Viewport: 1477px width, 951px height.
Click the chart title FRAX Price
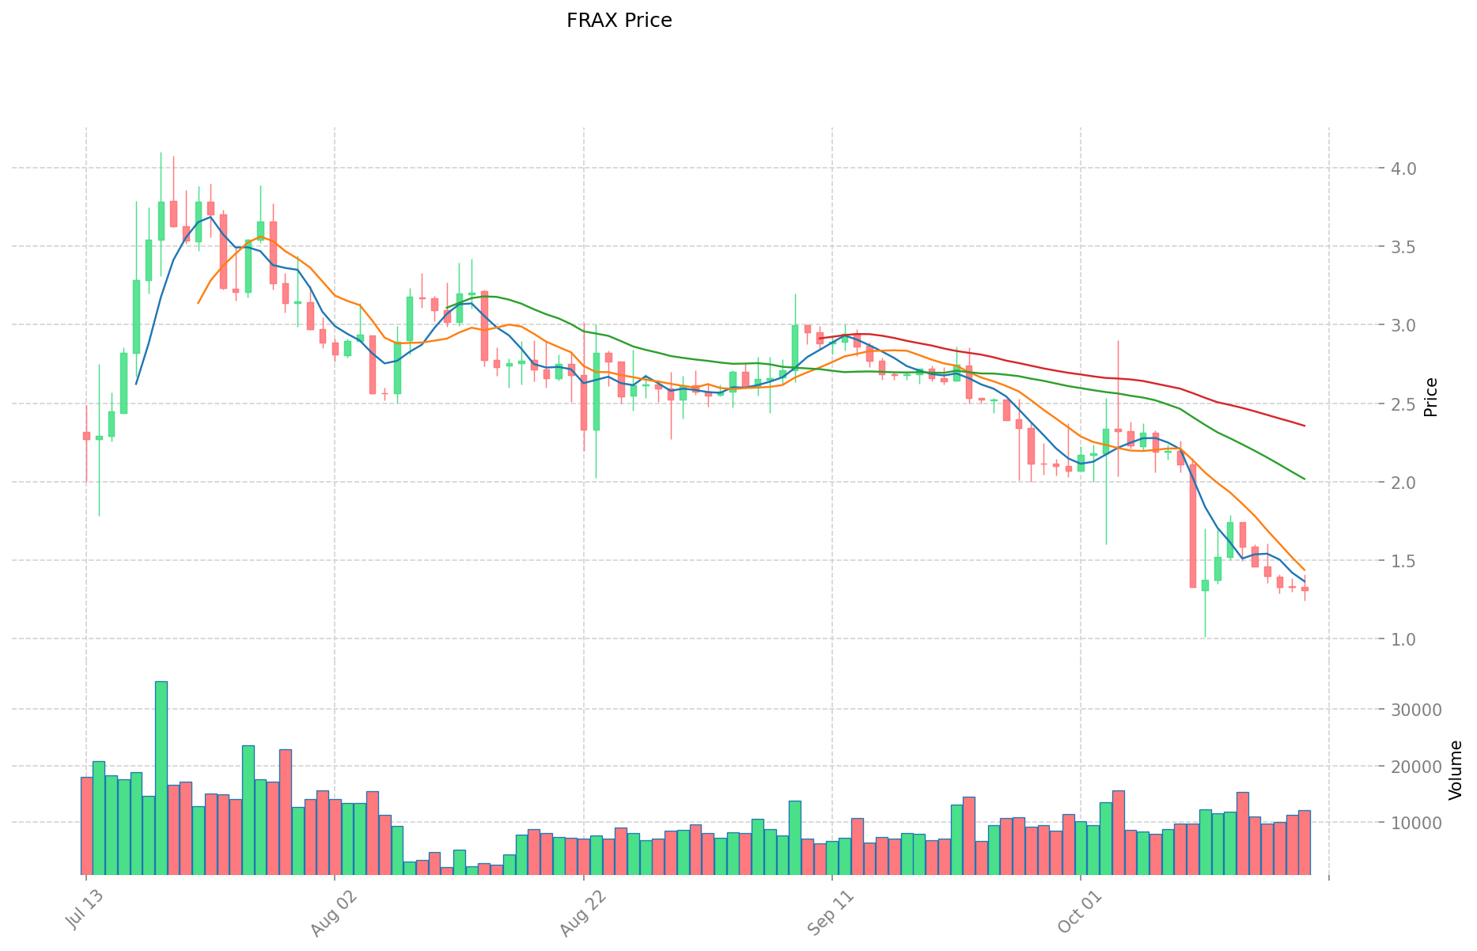click(619, 21)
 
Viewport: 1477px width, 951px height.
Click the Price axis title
click(1430, 397)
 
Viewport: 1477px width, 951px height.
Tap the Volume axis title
click(1456, 770)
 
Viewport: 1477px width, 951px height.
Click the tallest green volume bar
click(161, 775)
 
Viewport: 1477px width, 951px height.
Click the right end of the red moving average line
click(1304, 426)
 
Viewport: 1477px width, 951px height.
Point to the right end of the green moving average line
click(1304, 479)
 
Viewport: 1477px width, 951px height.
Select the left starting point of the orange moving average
click(198, 303)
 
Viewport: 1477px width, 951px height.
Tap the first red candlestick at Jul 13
click(86, 435)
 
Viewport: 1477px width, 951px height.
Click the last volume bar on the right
click(1305, 842)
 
